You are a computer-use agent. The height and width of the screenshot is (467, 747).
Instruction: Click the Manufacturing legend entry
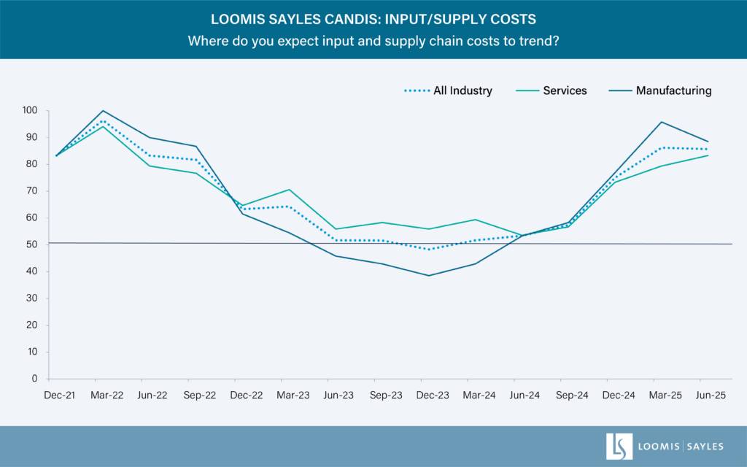(673, 91)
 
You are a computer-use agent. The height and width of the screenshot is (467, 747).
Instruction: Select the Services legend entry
(565, 91)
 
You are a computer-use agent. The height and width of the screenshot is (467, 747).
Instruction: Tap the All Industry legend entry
(462, 91)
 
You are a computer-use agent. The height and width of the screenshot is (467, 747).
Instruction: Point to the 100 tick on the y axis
(29, 110)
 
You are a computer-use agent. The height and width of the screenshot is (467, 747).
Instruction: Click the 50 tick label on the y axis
(31, 244)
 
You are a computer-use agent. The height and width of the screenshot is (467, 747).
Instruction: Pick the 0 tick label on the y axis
(34, 379)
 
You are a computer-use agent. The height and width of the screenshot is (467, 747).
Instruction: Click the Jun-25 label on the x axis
(700, 395)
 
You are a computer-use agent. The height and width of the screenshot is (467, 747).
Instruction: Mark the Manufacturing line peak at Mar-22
(103, 111)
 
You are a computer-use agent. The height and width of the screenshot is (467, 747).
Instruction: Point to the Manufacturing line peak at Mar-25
(662, 122)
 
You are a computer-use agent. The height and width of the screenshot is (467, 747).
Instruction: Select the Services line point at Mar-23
(290, 190)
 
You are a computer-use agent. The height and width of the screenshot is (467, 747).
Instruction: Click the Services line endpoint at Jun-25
(708, 155)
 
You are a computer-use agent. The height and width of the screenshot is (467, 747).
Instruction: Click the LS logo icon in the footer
(619, 447)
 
